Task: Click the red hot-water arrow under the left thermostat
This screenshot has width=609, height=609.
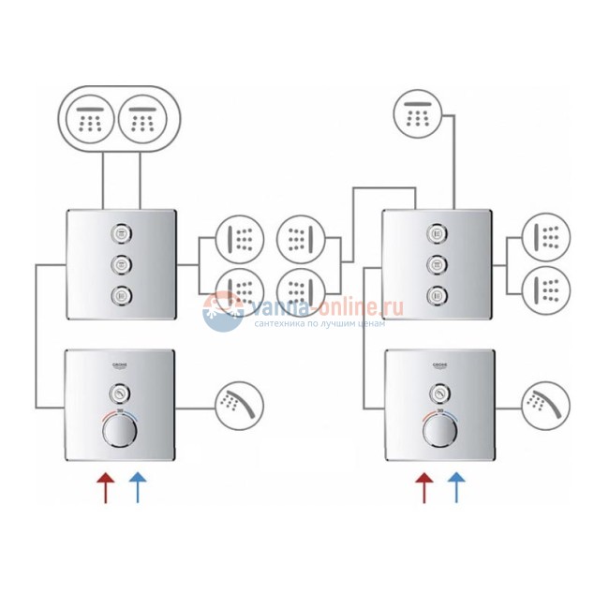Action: [106, 488]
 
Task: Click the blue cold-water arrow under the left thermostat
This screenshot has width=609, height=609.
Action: [137, 488]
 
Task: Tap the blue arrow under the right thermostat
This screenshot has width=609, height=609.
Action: [457, 488]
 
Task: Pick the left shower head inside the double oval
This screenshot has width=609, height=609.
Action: [91, 119]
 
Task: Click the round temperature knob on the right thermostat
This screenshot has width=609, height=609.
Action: [437, 434]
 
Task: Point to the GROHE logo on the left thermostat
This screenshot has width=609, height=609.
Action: [122, 366]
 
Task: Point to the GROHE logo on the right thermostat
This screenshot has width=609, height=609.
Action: [440, 366]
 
